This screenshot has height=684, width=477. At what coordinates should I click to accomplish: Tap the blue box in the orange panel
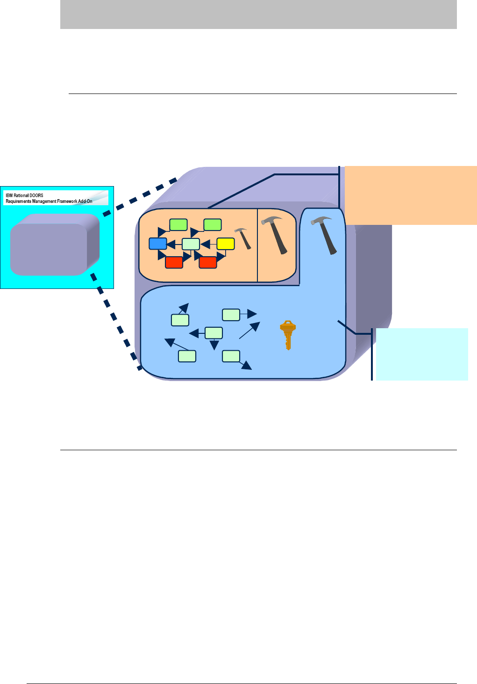tap(157, 244)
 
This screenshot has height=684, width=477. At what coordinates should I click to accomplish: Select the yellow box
tap(225, 244)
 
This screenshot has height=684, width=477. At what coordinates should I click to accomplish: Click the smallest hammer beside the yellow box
tap(243, 238)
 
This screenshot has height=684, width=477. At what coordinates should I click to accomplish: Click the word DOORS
tap(36, 195)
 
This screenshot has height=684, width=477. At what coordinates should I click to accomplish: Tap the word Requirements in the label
tap(18, 202)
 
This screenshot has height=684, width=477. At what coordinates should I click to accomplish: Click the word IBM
tap(9, 195)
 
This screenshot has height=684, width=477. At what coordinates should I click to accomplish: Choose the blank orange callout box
tap(411, 195)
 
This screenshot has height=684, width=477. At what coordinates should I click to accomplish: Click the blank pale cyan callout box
tap(421, 354)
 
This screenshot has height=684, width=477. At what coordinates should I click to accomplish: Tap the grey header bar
tap(258, 14)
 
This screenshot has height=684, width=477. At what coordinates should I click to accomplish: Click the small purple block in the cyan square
tap(54, 244)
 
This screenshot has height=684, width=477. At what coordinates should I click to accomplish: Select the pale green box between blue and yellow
tap(191, 244)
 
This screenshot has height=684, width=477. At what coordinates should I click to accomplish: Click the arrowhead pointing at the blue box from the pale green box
tap(171, 244)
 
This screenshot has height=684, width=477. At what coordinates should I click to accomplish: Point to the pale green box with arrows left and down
tap(214, 333)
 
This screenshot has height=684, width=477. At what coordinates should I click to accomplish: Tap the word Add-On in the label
tap(85, 202)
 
